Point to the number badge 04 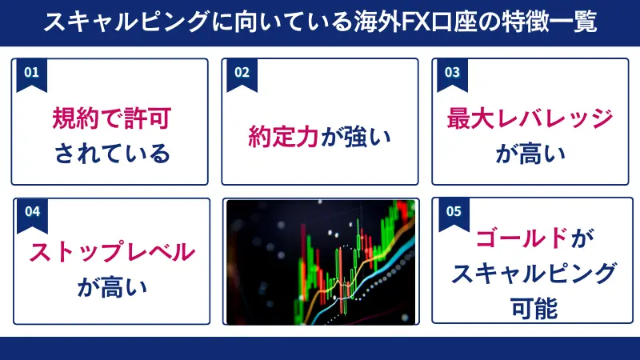tap(32, 212)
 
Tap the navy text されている tap(112, 152)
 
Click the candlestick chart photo tap(320, 262)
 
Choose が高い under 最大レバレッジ tap(530, 152)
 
